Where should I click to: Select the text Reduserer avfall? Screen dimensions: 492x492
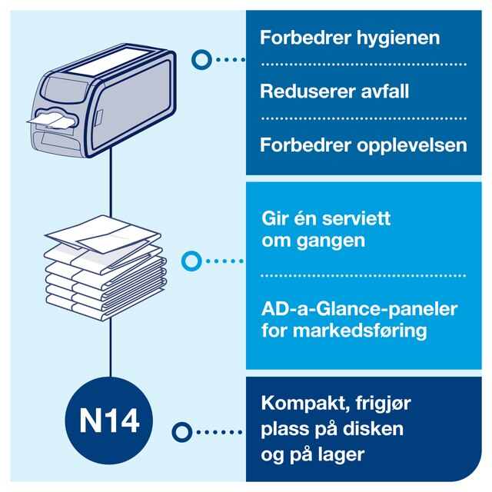(x=334, y=91)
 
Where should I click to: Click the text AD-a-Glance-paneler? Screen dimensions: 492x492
(x=359, y=309)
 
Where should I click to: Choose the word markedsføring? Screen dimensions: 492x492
(x=360, y=331)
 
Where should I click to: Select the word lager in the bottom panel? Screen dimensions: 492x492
(x=341, y=455)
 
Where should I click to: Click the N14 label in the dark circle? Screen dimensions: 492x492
(x=109, y=421)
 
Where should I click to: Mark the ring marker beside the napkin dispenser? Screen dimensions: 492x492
(x=201, y=60)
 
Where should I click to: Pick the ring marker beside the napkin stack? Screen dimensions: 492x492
(x=191, y=261)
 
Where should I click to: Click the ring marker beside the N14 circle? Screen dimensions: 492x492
(x=182, y=432)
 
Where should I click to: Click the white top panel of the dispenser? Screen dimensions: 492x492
(x=107, y=62)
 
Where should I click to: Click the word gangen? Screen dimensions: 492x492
(x=331, y=241)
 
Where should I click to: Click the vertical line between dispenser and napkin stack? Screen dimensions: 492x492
(x=111, y=182)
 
